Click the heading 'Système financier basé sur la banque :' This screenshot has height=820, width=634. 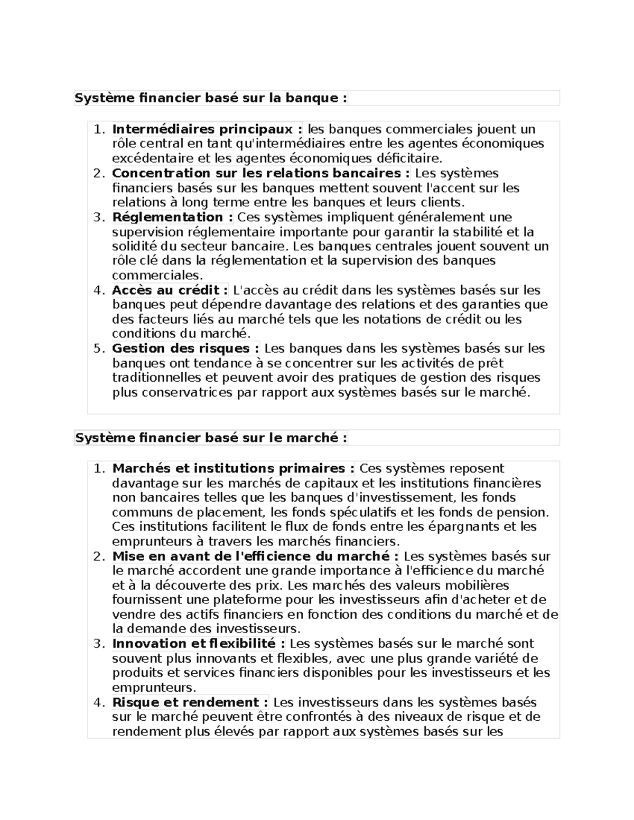click(211, 98)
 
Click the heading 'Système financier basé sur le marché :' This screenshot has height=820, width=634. click(211, 438)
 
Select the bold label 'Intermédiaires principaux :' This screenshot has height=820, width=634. click(207, 129)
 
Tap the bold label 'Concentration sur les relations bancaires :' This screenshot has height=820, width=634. click(261, 173)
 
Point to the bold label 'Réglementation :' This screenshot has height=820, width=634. click(172, 217)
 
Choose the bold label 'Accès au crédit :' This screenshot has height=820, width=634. click(170, 290)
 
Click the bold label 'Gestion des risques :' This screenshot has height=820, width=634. click(185, 348)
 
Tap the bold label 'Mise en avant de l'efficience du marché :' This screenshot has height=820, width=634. click(255, 556)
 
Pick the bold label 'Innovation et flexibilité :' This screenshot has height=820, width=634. click(199, 644)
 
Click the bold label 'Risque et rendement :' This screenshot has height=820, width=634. click(190, 702)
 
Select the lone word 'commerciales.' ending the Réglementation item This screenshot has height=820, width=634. click(157, 275)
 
